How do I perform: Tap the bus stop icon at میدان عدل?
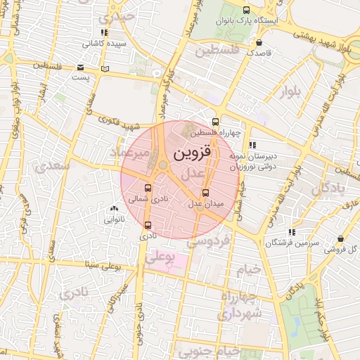point(205,193)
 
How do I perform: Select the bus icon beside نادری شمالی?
point(148,188)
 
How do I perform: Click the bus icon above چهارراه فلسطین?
point(215,122)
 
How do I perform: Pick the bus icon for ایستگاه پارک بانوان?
point(245,10)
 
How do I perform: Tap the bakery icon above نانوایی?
point(114,208)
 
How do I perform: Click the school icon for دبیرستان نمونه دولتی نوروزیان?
point(252,145)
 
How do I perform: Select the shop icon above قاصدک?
point(259,42)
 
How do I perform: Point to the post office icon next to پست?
point(105,69)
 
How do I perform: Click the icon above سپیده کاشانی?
point(104,32)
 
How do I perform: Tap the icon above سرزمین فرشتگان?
point(291,232)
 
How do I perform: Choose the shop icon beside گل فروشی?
point(340,238)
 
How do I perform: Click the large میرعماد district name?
point(131,153)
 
